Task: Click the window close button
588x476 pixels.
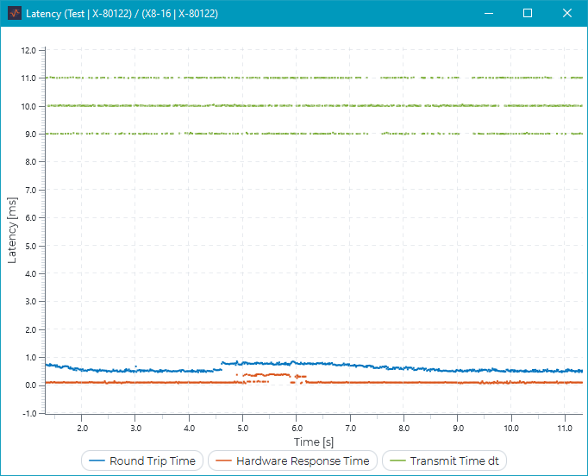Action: click(566, 13)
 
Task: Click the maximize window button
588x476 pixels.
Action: click(528, 13)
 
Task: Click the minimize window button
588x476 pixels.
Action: click(488, 13)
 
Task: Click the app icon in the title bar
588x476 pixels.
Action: click(14, 14)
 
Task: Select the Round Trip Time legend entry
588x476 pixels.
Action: click(144, 461)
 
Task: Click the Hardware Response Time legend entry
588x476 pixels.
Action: click(294, 461)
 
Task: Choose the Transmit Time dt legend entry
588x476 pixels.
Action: click(444, 461)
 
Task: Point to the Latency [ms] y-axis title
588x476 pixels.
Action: click(11, 231)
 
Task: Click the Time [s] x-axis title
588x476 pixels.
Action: click(314, 442)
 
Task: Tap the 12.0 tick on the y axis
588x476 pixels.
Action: click(29, 50)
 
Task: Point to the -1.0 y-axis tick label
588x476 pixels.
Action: click(28, 413)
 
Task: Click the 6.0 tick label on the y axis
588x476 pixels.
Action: click(30, 217)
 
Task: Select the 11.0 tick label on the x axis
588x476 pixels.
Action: click(565, 428)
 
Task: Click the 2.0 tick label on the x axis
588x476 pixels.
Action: click(83, 428)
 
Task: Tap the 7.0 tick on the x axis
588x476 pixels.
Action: click(351, 428)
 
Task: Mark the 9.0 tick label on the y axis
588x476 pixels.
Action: click(30, 134)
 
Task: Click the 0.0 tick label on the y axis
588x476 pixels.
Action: click(30, 385)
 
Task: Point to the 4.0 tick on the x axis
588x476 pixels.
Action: click(190, 428)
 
